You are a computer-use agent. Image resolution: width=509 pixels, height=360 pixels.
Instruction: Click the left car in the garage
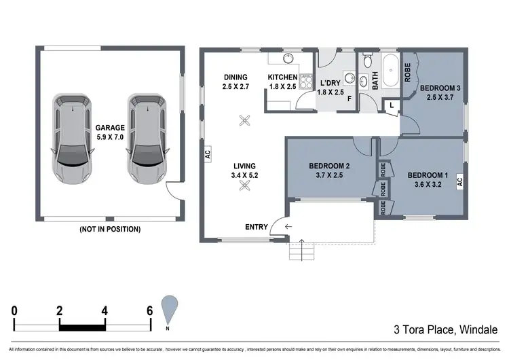click(72, 139)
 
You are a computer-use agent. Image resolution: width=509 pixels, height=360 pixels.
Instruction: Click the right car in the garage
click(146, 139)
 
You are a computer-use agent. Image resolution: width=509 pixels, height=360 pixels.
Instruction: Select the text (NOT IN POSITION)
click(110, 229)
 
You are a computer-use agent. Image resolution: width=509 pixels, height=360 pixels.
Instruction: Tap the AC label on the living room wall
click(208, 154)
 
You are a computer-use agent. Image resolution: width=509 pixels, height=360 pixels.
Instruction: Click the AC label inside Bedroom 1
click(459, 182)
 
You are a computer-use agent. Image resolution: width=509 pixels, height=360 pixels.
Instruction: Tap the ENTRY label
click(256, 227)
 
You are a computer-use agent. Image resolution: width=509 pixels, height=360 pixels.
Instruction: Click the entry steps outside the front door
click(302, 252)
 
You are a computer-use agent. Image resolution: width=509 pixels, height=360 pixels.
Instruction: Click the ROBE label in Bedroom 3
click(408, 72)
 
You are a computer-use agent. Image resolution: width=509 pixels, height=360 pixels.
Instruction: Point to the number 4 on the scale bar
click(105, 311)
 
